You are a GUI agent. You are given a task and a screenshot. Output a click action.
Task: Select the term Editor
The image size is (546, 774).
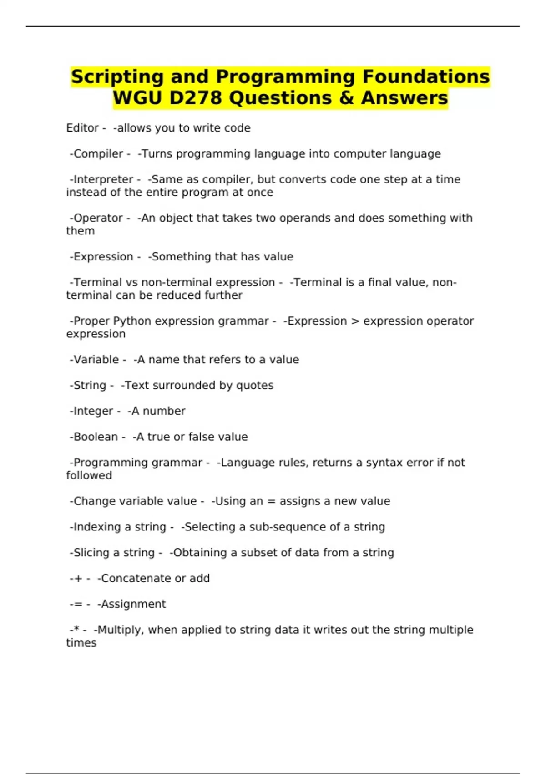click(82, 128)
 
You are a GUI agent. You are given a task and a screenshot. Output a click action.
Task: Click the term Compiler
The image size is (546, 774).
click(98, 154)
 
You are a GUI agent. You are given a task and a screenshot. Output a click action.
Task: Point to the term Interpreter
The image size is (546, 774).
click(103, 179)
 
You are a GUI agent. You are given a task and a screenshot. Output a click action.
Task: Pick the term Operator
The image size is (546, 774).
click(98, 218)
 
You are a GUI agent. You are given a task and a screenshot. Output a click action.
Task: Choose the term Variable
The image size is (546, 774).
click(96, 360)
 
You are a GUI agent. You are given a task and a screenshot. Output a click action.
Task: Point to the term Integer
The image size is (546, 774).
click(93, 411)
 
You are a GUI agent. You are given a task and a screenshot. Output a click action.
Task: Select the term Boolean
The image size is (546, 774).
click(96, 437)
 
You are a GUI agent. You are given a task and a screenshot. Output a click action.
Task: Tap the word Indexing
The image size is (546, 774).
click(96, 527)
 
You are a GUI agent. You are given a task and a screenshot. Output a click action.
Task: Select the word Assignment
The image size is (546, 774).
click(133, 604)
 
